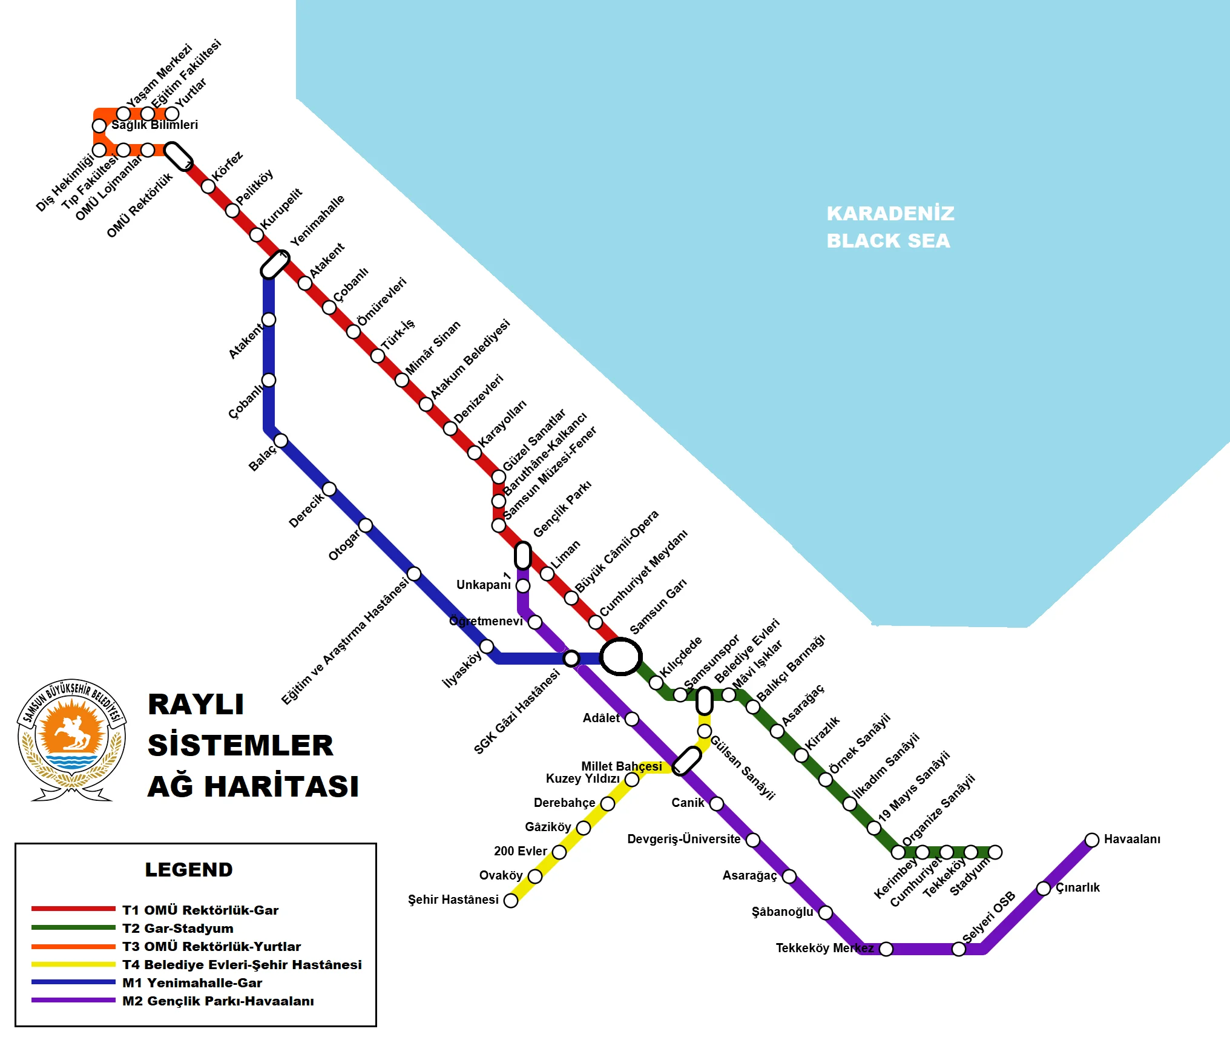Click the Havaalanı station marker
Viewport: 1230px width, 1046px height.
point(1091,840)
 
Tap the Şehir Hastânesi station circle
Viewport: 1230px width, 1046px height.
point(511,900)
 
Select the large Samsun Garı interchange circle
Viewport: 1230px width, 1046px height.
point(620,656)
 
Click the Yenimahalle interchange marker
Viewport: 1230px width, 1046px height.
point(275,265)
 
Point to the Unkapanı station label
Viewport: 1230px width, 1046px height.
point(483,585)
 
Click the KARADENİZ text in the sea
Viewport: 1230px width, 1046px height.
point(890,213)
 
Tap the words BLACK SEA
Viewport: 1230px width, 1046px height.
point(888,240)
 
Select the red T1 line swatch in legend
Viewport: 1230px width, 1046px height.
point(73,909)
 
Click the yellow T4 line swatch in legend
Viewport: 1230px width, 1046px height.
point(73,964)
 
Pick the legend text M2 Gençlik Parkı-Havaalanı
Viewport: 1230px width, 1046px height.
point(218,1001)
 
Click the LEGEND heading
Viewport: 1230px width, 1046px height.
point(189,869)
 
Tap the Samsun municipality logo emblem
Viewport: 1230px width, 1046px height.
point(71,738)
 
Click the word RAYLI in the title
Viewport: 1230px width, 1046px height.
point(196,704)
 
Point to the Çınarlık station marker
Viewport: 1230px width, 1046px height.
point(1043,888)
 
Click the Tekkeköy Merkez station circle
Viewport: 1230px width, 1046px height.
point(886,949)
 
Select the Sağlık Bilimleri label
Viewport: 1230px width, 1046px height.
point(154,125)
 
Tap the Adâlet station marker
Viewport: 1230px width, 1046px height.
point(631,719)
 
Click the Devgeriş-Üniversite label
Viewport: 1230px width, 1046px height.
point(683,839)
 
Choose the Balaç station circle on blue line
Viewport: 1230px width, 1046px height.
point(281,440)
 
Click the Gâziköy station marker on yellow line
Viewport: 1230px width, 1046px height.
point(583,827)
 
